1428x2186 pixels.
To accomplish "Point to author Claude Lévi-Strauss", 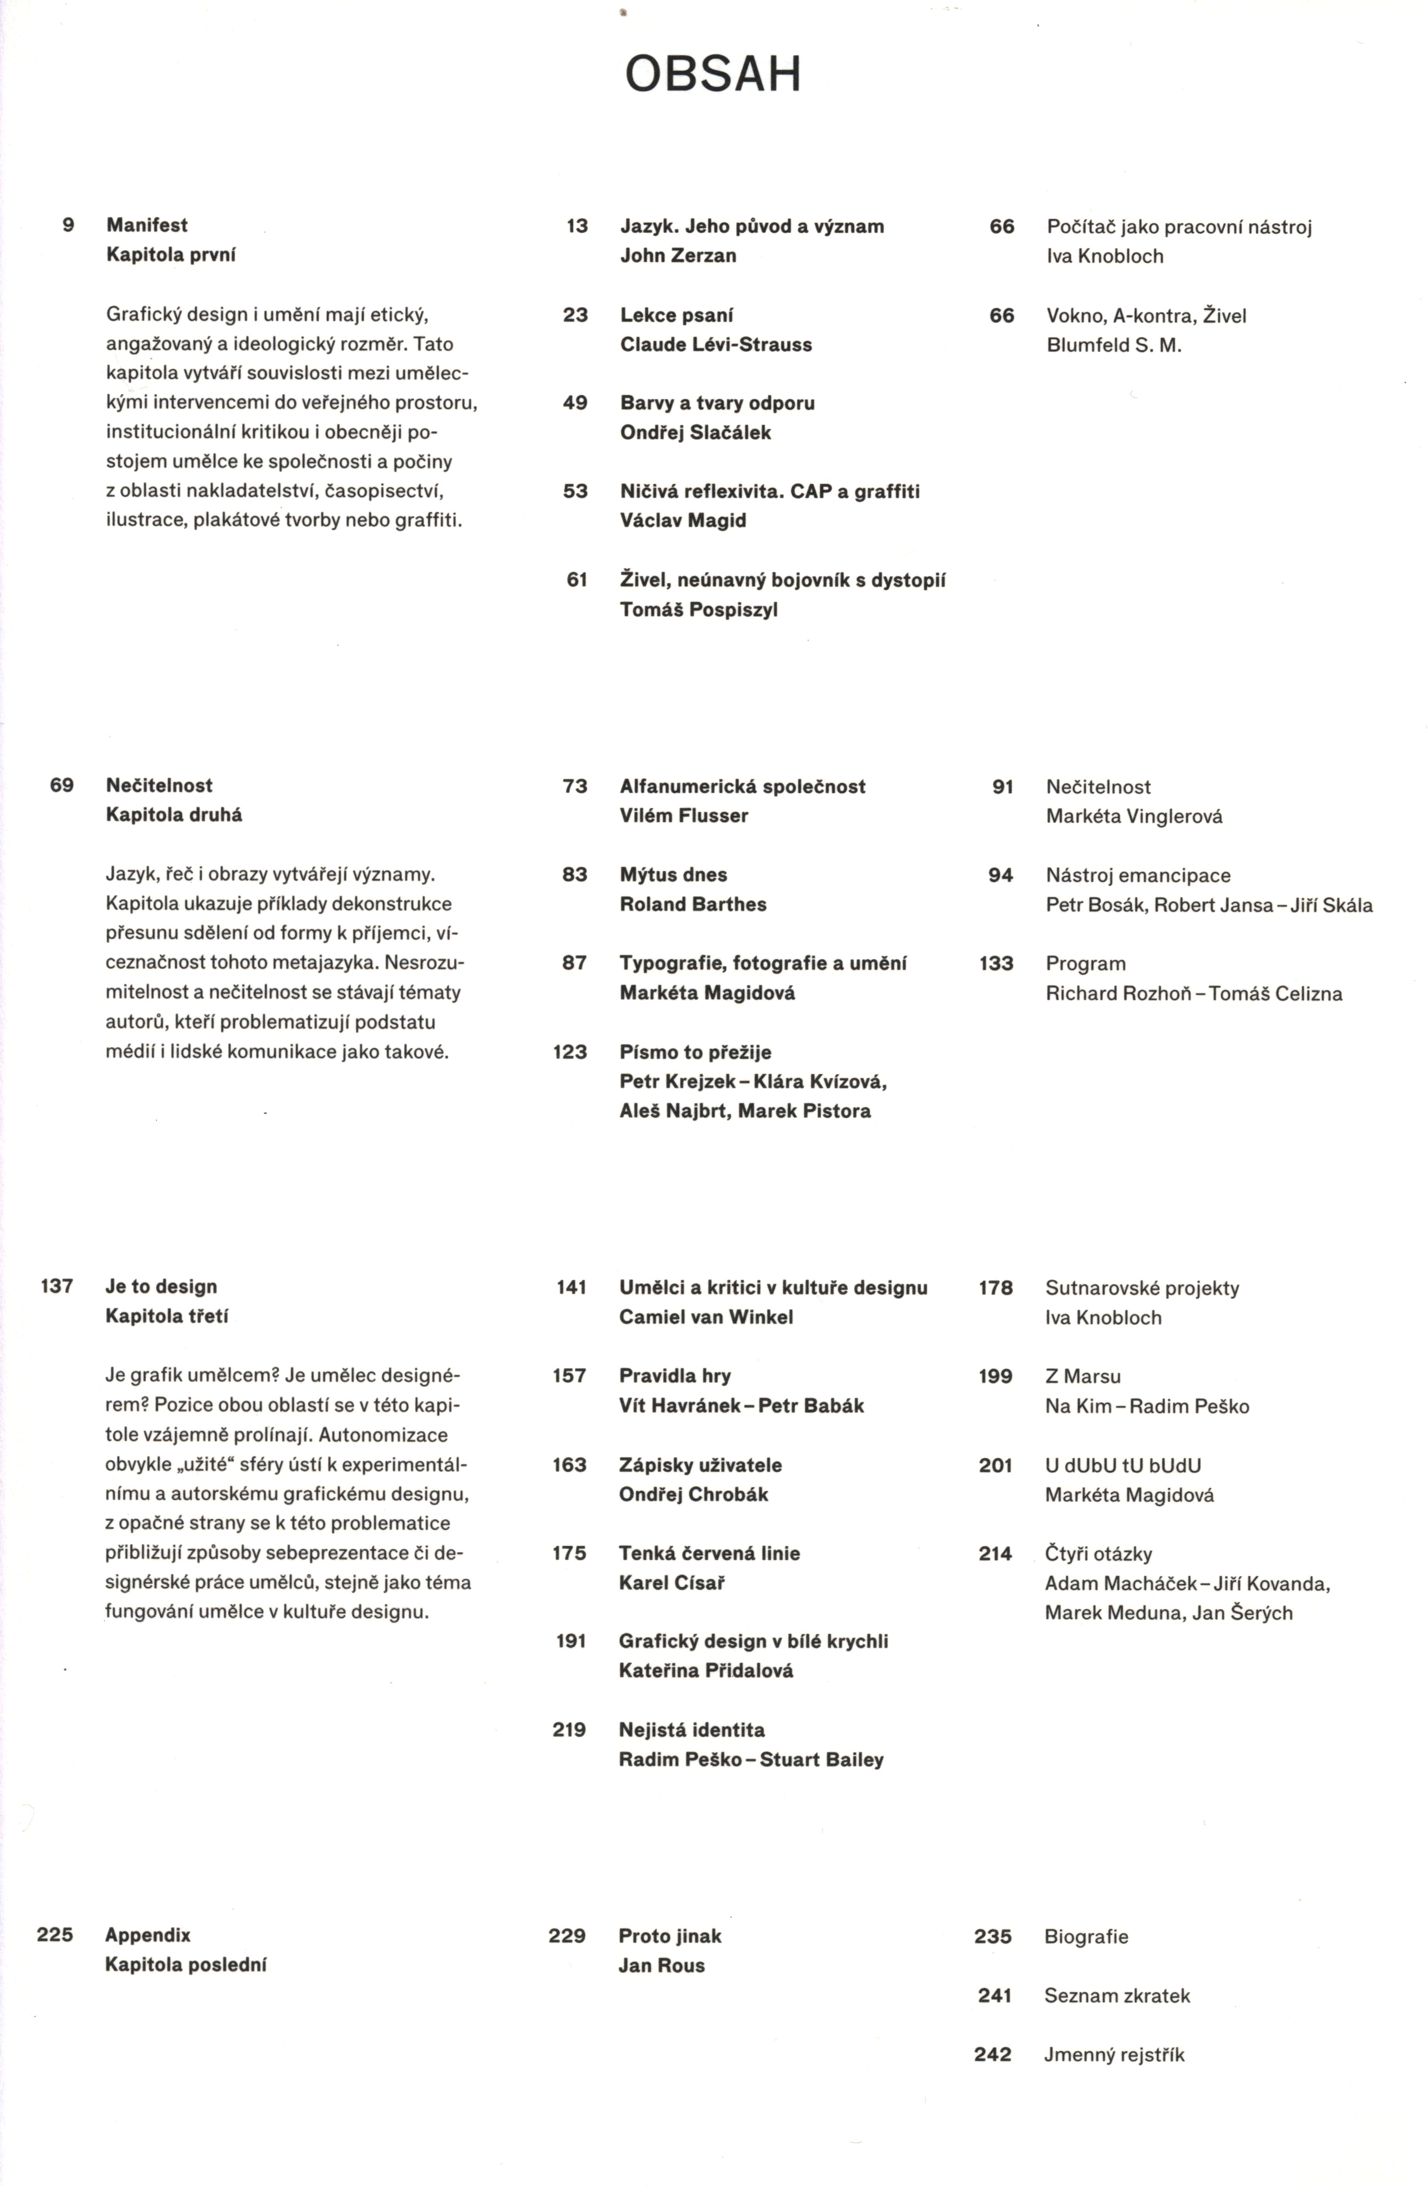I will (716, 344).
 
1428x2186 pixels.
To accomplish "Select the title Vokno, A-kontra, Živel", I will (1146, 316).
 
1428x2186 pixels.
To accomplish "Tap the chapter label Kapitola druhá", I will (174, 815).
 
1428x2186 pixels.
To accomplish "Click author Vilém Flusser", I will (683, 816).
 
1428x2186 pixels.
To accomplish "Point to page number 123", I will (570, 1052).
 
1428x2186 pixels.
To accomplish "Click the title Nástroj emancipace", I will (1137, 875).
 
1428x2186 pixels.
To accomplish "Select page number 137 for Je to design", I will (57, 1286).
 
